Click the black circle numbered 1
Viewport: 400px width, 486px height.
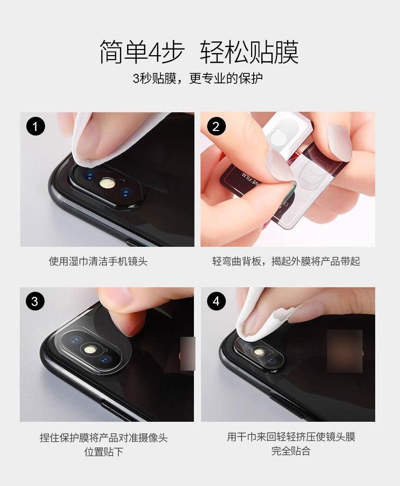click(35, 126)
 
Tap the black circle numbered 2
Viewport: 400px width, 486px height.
click(216, 126)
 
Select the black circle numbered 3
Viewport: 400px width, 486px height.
click(35, 301)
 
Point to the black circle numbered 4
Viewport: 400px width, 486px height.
click(216, 301)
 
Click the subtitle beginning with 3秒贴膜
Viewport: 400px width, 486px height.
click(197, 78)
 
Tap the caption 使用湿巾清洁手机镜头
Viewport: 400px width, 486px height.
click(98, 261)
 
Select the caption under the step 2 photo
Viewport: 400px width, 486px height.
click(286, 261)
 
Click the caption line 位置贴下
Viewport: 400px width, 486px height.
click(104, 451)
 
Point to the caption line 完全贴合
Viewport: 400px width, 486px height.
click(291, 451)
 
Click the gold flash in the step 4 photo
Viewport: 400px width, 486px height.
click(258, 352)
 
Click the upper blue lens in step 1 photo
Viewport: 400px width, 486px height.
click(90, 176)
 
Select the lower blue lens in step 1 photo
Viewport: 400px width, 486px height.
click(126, 193)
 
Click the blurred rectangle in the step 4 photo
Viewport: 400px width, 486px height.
click(345, 351)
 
